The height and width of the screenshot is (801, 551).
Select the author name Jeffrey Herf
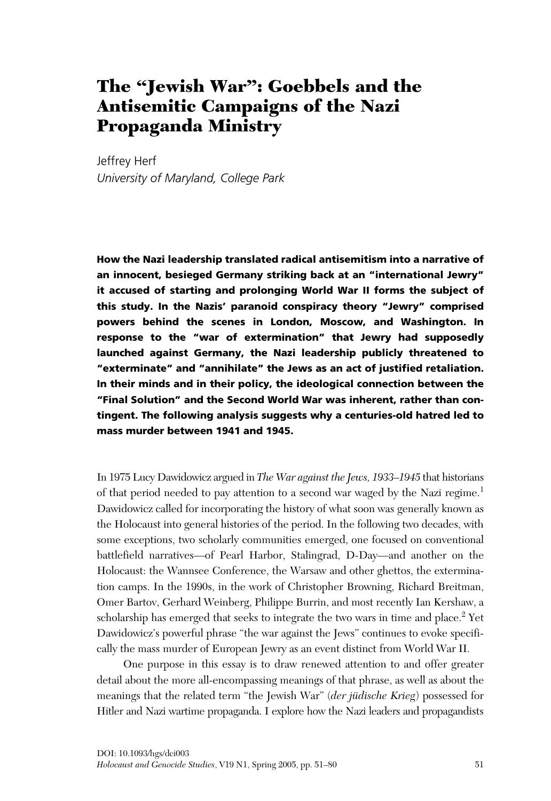[x=126, y=161]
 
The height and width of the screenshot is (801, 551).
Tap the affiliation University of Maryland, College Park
[x=190, y=178]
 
